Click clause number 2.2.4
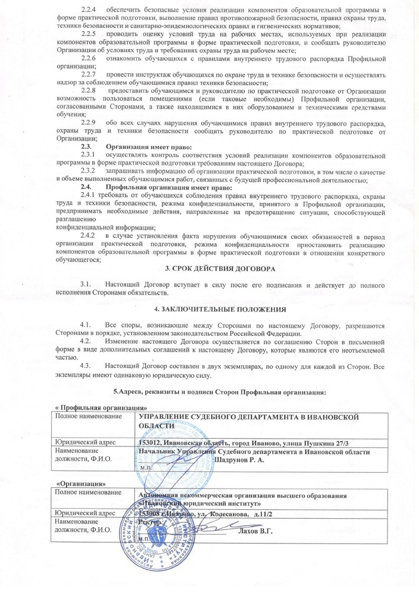(x=89, y=9)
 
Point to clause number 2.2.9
(x=89, y=121)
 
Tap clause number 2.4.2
(x=89, y=235)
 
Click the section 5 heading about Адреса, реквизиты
(x=220, y=392)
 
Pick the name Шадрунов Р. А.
(x=239, y=460)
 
